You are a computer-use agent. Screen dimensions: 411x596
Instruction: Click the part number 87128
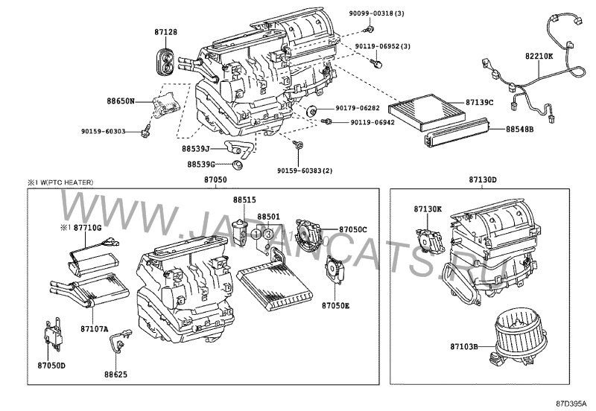(166, 33)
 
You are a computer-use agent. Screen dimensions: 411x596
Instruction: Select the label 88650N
(120, 100)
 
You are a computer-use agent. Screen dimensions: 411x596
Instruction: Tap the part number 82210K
(539, 55)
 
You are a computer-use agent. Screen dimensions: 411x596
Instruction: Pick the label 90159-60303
(103, 132)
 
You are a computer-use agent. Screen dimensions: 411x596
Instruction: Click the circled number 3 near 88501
(268, 235)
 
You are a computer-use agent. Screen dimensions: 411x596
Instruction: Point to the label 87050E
(336, 305)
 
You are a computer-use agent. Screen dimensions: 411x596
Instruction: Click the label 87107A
(94, 328)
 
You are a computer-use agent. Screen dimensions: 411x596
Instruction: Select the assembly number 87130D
(483, 180)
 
